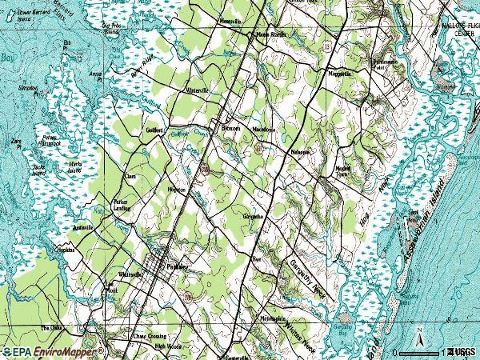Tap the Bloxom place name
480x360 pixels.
(231, 129)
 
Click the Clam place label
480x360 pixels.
(130, 176)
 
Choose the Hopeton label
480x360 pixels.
(176, 190)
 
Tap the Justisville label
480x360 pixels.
(83, 228)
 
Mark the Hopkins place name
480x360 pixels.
(64, 250)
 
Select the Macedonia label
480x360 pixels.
(264, 129)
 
